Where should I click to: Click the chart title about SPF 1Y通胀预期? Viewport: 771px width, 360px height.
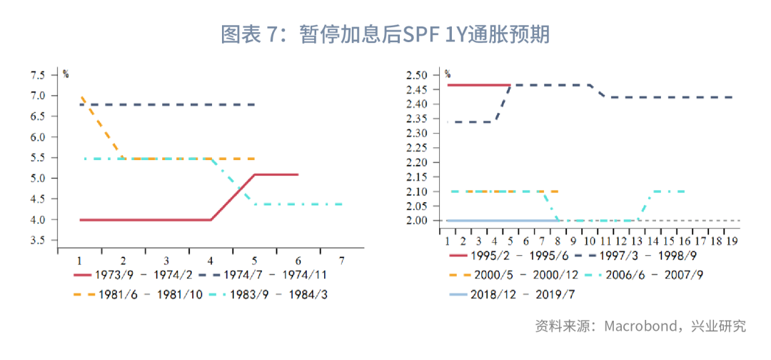(385, 34)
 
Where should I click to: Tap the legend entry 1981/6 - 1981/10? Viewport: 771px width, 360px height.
(138, 294)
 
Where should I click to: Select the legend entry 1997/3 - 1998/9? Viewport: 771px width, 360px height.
(640, 255)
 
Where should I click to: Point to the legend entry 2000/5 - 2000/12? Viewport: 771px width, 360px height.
(513, 275)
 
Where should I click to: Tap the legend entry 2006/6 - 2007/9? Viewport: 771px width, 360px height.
(644, 275)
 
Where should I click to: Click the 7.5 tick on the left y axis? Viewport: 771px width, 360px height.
(37, 75)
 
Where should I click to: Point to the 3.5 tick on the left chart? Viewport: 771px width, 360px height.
(37, 241)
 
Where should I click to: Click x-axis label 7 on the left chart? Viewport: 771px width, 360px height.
(342, 259)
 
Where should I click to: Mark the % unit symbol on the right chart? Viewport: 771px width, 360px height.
(448, 74)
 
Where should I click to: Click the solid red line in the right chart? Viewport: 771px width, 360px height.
(479, 85)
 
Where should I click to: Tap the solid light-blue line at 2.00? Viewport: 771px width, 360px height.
(503, 220)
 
